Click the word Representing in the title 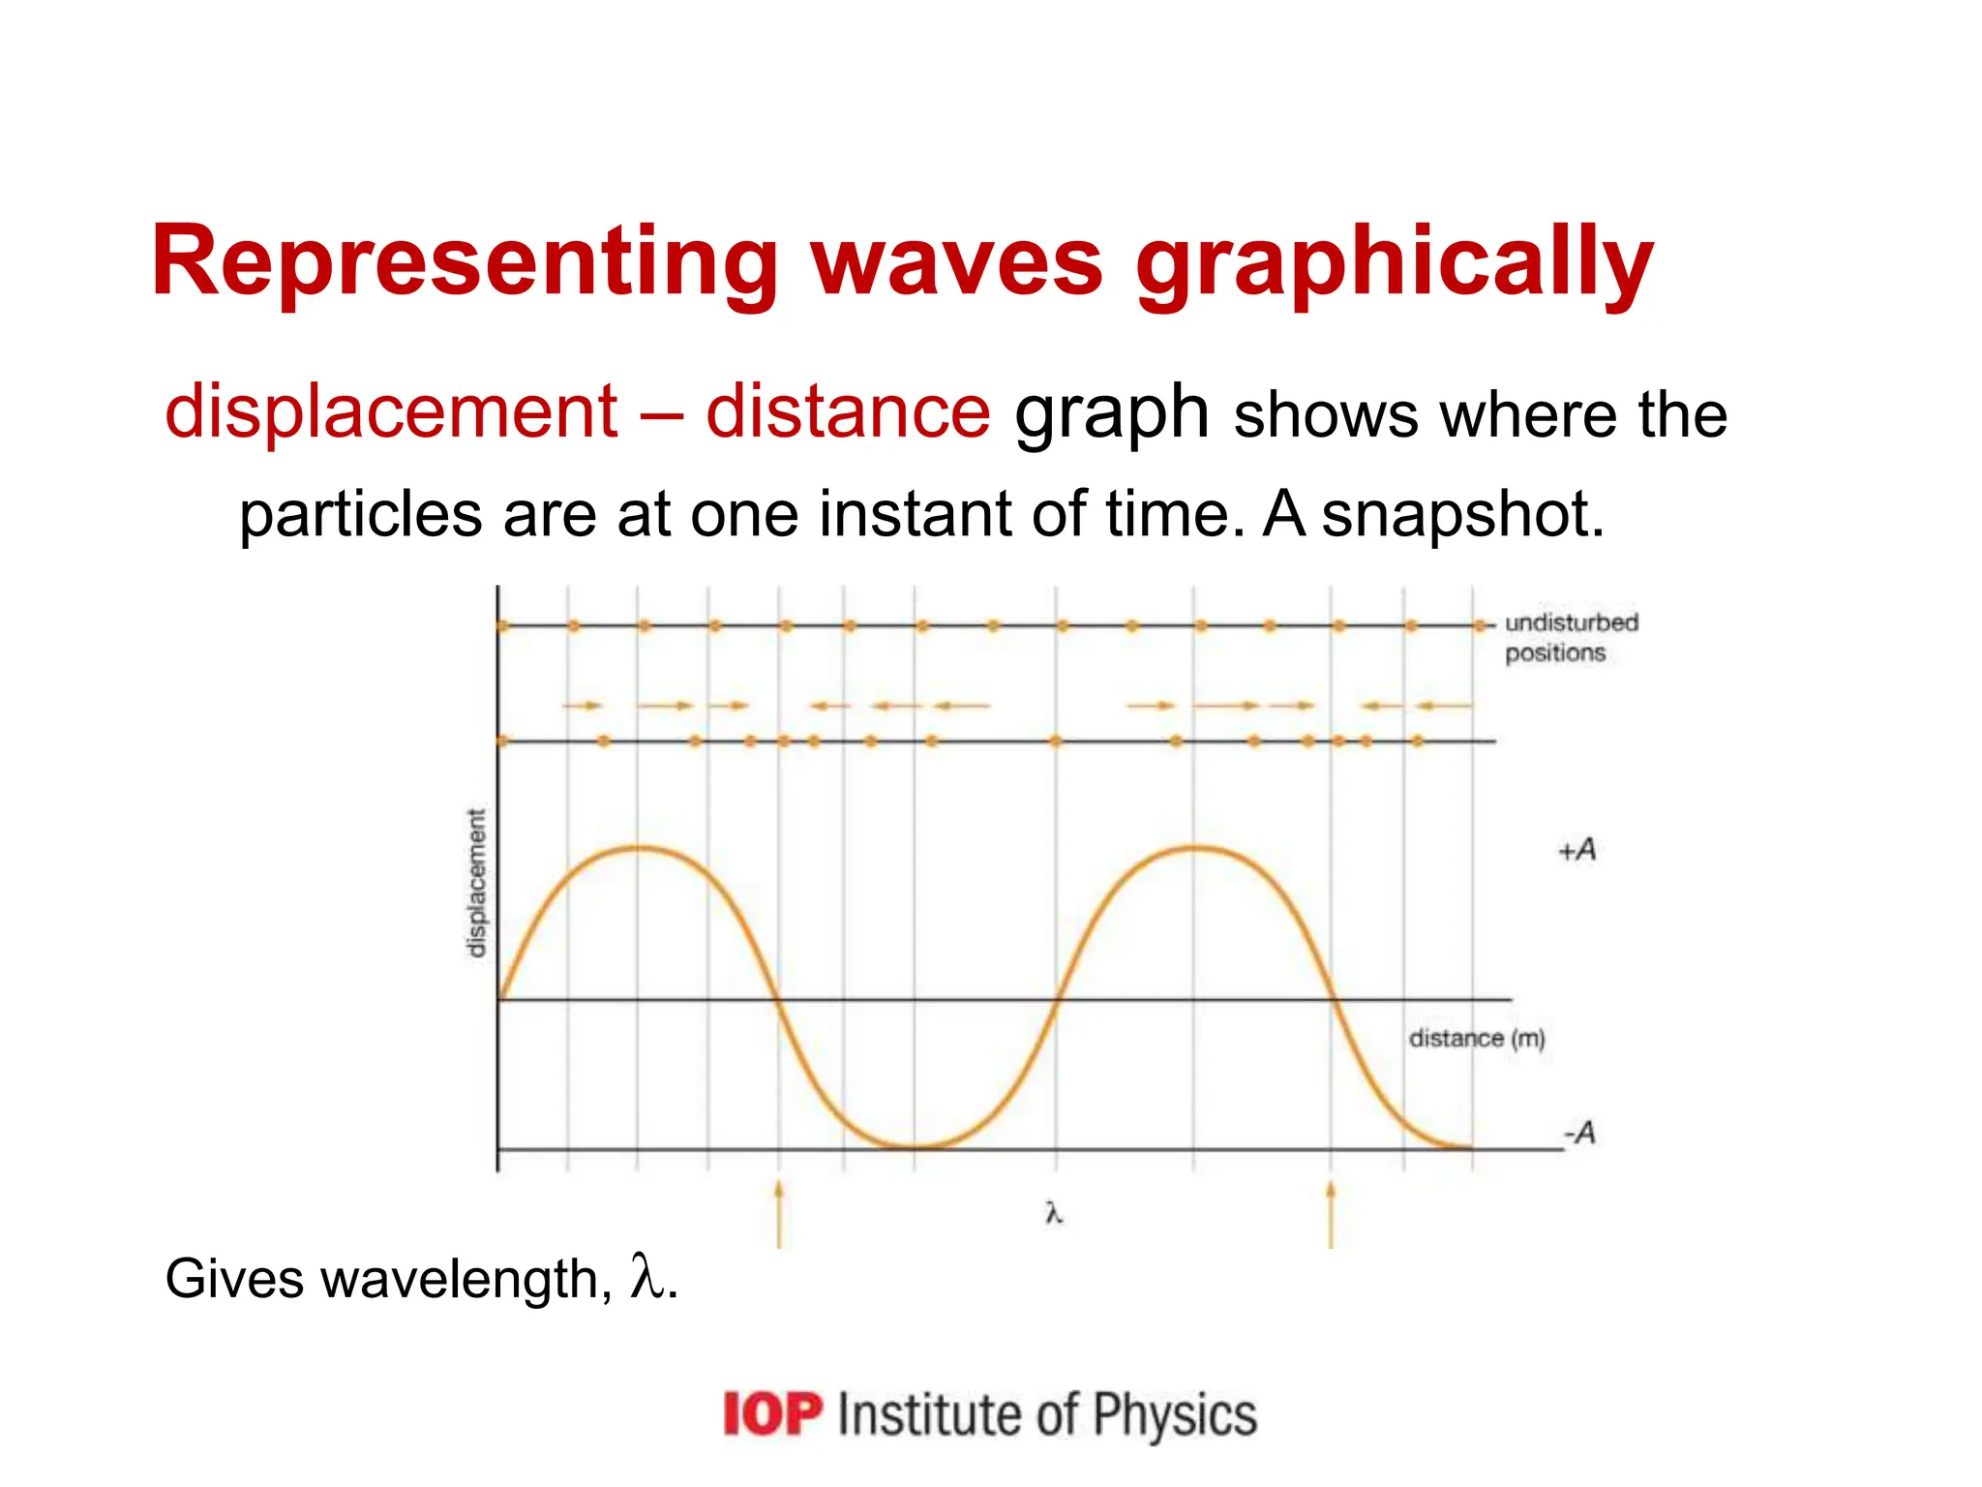[464, 261]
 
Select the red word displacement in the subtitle [391, 412]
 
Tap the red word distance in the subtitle [848, 412]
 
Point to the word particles [360, 516]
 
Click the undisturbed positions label [1570, 637]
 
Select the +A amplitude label [1577, 850]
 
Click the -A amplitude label [1579, 1132]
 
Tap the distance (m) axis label [1476, 1039]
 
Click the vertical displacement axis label [476, 883]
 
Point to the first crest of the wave [639, 848]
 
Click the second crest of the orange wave [1196, 848]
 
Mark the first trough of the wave [916, 1147]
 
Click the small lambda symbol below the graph [1054, 1213]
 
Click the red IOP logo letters [772, 1414]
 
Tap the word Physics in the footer [1175, 1414]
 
